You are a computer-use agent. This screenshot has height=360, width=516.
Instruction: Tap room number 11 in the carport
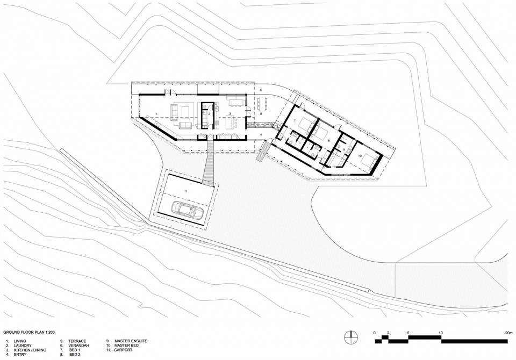click(x=186, y=191)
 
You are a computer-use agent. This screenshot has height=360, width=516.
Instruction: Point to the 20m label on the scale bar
click(x=508, y=333)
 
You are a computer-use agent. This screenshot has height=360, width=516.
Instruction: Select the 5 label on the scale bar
click(x=408, y=333)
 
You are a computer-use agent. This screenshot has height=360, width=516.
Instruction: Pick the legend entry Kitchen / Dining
click(x=26, y=350)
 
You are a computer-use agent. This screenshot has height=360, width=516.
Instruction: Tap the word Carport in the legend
click(x=124, y=350)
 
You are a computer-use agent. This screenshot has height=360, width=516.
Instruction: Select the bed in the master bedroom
click(x=369, y=161)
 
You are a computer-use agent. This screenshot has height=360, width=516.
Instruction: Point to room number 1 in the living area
click(x=156, y=113)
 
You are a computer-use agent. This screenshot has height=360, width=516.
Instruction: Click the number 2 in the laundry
click(x=209, y=113)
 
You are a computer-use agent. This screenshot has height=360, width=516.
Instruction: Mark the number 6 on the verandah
click(x=261, y=90)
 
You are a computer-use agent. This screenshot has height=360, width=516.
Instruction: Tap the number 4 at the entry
click(x=261, y=134)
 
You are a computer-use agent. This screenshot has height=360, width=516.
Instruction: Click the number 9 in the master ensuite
click(x=343, y=150)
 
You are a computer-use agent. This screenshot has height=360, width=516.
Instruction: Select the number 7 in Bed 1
click(x=295, y=121)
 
